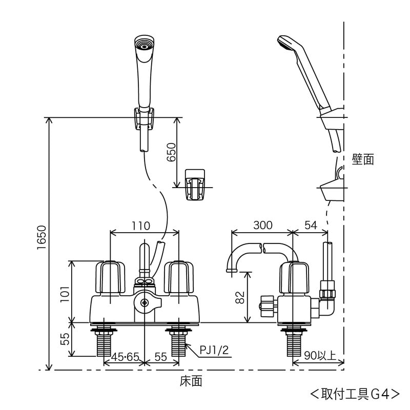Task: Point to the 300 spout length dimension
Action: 262,225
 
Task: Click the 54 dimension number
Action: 310,225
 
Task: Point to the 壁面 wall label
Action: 363,159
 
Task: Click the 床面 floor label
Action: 191,382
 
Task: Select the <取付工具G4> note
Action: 355,394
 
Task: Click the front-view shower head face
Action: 144,45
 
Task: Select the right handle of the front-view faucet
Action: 179,277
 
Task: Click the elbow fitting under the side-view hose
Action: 326,303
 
